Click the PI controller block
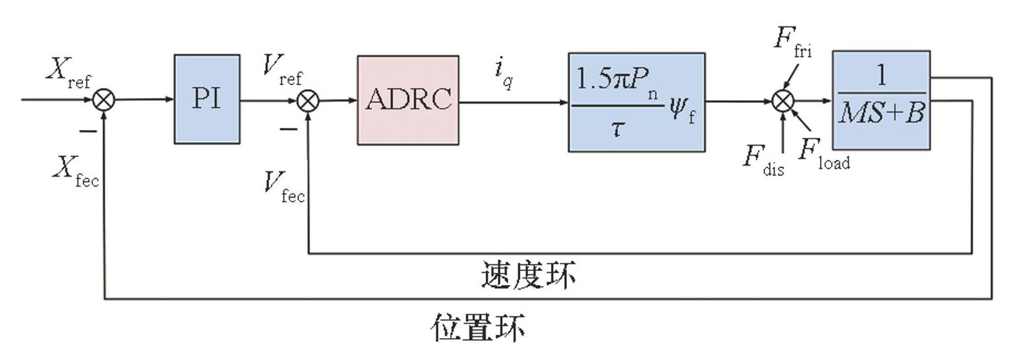(206, 99)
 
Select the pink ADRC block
(408, 100)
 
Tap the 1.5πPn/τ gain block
(636, 102)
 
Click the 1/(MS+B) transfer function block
(881, 100)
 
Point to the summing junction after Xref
(103, 100)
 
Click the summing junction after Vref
(308, 101)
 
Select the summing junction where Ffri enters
(782, 102)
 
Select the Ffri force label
(792, 42)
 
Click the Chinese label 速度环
(528, 275)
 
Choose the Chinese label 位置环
(479, 327)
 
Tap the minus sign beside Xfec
(88, 131)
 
